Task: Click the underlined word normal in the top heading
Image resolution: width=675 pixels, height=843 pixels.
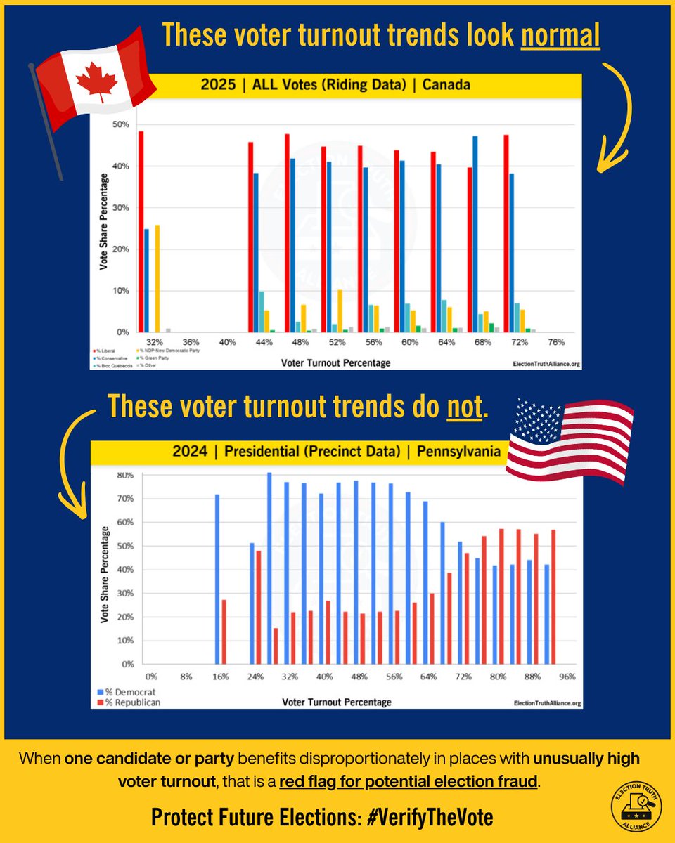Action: [x=560, y=35]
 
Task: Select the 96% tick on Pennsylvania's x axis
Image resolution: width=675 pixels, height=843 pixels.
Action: [x=567, y=677]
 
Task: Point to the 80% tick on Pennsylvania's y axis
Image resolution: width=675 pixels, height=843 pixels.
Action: [x=126, y=475]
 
